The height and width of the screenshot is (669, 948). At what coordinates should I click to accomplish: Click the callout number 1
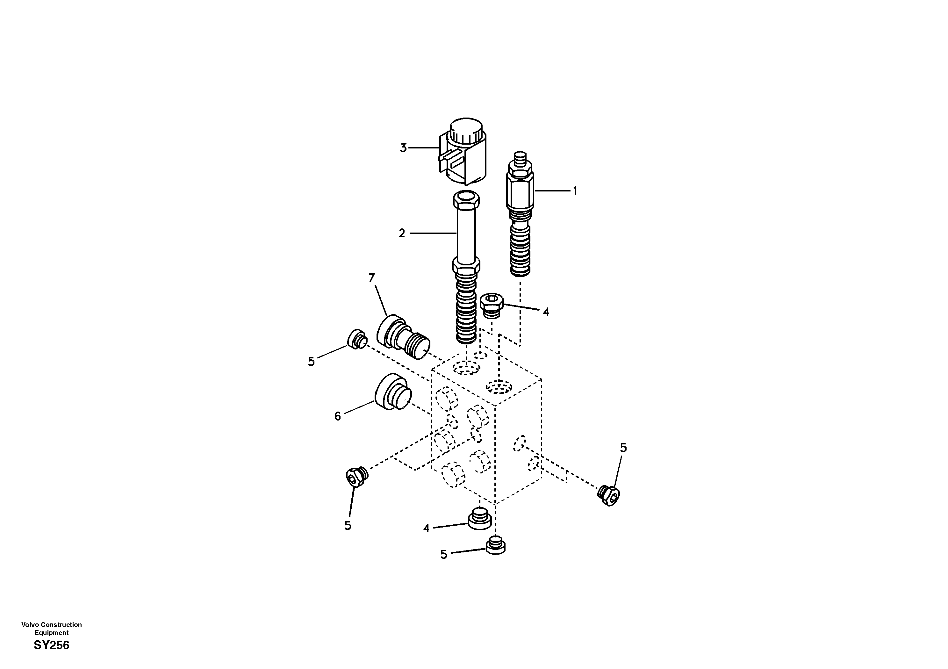tap(574, 191)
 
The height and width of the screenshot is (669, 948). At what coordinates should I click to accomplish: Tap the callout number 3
tap(403, 148)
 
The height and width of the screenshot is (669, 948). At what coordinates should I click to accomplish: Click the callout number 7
tap(372, 278)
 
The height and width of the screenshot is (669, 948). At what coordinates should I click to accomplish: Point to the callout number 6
tap(337, 416)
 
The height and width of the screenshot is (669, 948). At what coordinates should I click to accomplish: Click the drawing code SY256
tap(52, 645)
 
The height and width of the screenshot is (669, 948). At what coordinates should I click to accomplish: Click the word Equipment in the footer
tap(52, 633)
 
